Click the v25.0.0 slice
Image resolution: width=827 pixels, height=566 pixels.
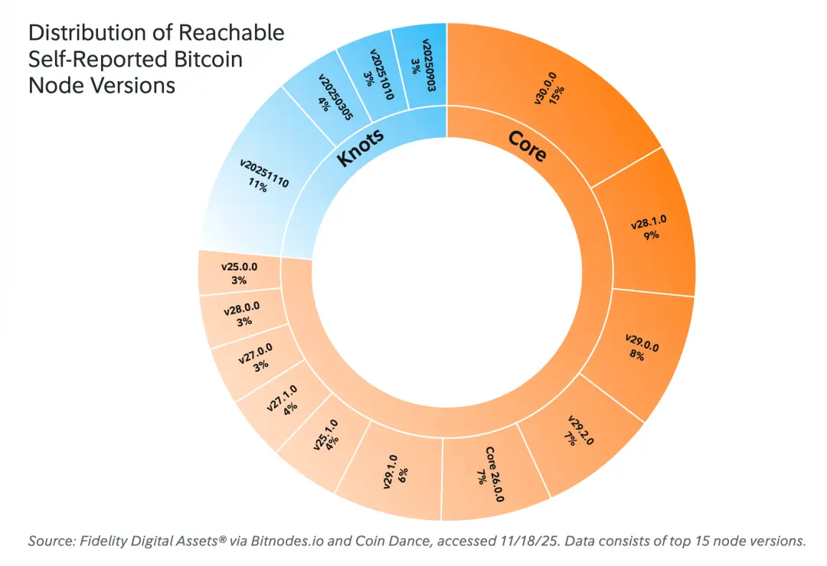pos(238,274)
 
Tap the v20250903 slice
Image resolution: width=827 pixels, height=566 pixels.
pos(420,61)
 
